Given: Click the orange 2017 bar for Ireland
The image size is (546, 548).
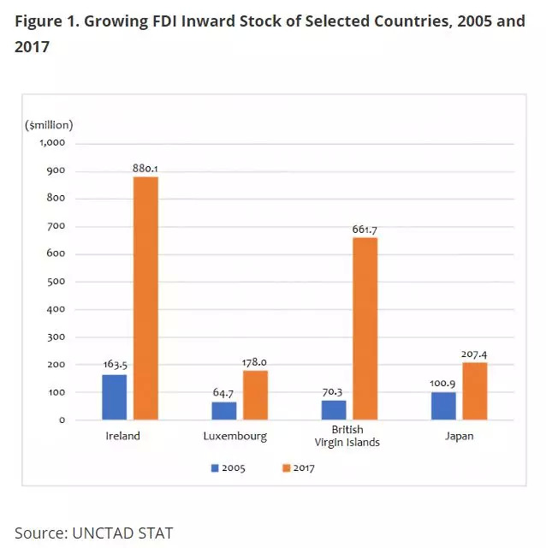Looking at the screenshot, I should [x=145, y=298].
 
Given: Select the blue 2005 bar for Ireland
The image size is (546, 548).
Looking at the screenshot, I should [x=114, y=397].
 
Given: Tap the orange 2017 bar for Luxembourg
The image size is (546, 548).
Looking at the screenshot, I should [x=255, y=395].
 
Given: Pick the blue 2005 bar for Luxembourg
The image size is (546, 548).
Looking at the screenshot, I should [x=224, y=411].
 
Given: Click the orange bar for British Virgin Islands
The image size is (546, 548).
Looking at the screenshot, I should [x=365, y=329].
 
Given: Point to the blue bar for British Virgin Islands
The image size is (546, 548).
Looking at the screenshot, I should [x=334, y=410].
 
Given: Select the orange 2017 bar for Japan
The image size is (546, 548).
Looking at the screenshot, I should [x=474, y=391].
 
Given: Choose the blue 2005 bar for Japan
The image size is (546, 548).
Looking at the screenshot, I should [x=443, y=406].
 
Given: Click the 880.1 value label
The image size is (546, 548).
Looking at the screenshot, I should [x=145, y=169].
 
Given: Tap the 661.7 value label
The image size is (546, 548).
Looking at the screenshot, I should [x=365, y=229].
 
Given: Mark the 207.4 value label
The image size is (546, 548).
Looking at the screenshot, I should [x=474, y=354].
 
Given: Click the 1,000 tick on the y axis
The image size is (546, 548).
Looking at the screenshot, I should [x=53, y=143].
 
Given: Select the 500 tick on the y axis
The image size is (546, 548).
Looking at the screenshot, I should [x=56, y=282].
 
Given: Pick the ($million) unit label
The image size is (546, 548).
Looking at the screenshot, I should [x=50, y=125].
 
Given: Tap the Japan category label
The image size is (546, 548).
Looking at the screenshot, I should [x=459, y=436].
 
